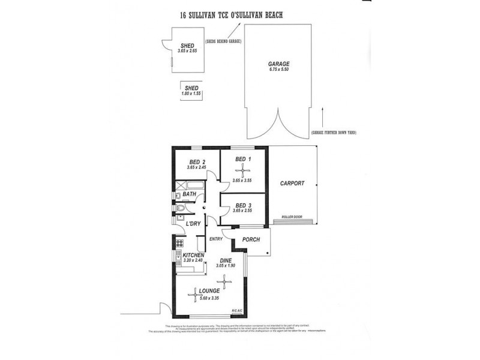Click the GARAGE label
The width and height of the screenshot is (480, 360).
279,63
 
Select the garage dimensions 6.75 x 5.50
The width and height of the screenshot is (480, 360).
279,70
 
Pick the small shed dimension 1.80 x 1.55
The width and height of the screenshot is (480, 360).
191,94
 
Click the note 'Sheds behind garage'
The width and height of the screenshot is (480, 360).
223,41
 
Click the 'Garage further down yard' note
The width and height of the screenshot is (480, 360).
334,132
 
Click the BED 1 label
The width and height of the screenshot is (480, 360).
242,158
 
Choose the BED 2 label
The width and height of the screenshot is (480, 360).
197,162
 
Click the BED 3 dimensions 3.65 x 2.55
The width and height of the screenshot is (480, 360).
243,211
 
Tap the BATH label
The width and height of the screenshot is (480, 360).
189,194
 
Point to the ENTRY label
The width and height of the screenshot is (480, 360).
216,239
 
